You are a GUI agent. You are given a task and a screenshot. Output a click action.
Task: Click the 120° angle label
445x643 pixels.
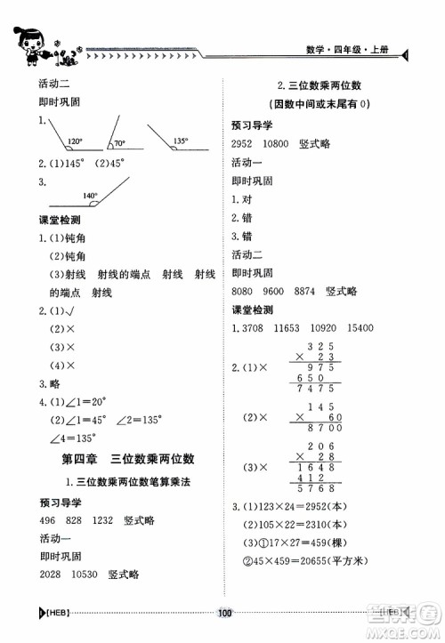[x=75, y=141]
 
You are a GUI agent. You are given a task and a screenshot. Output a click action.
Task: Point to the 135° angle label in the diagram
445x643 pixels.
[x=180, y=141]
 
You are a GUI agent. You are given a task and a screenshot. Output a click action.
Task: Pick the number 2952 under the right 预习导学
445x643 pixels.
[x=243, y=144]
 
